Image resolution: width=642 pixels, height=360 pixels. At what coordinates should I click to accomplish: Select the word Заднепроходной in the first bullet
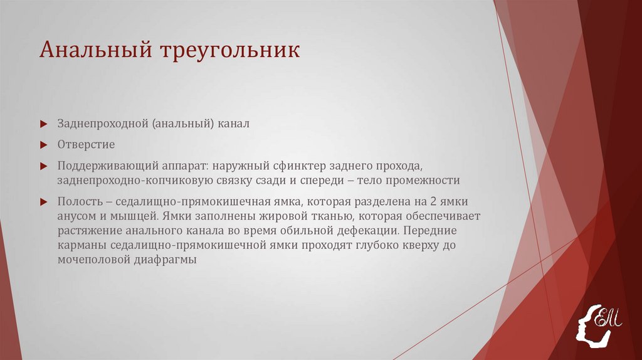[102, 124]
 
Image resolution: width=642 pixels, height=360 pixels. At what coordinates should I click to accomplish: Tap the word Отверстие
[86, 145]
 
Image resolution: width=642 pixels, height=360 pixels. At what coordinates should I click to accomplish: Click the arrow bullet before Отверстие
[43, 146]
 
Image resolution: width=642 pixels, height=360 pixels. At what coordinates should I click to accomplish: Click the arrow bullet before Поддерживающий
[43, 166]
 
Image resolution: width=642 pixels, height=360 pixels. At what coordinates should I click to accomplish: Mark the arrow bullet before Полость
[43, 202]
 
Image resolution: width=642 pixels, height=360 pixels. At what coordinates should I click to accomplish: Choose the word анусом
[75, 216]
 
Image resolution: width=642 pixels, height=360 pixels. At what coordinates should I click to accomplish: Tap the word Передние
[433, 231]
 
